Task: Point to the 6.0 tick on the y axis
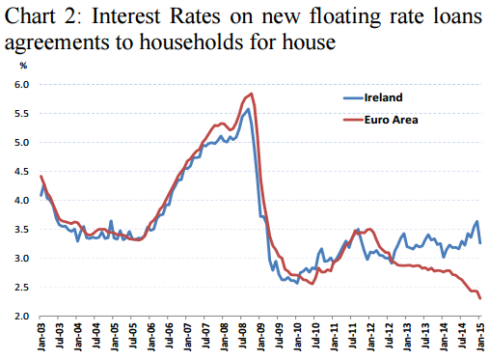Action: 20,85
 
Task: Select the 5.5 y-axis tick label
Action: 20,114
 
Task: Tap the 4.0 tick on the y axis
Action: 20,201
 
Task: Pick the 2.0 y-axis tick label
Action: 20,317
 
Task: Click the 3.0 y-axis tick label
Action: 20,259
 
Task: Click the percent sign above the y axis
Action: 23,66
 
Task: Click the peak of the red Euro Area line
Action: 252,94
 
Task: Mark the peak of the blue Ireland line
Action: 249,109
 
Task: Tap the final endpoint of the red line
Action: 480,298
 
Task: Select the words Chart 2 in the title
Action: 43,16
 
